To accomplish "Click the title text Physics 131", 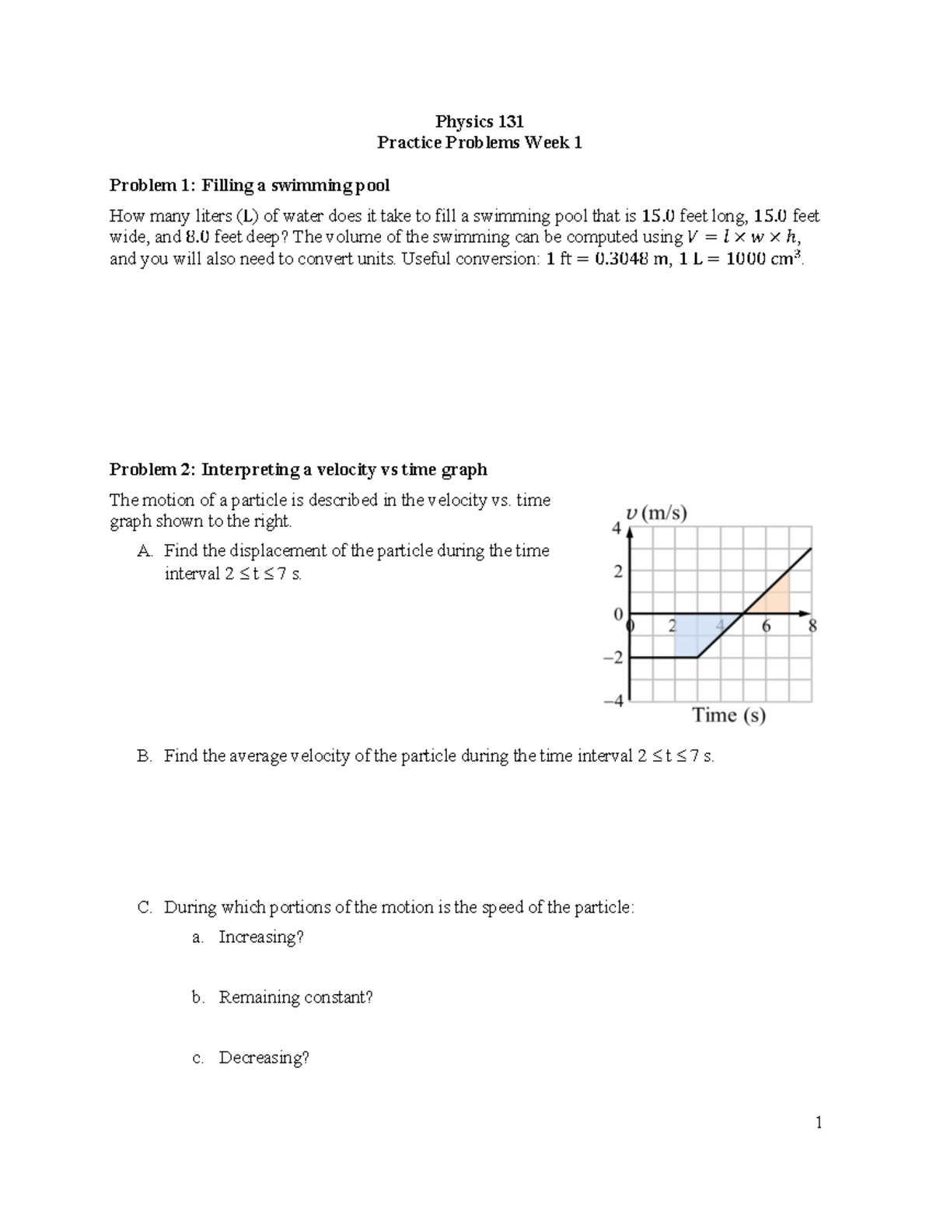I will point(479,121).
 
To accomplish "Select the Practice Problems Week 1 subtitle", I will point(479,143).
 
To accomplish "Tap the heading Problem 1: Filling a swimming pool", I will point(249,185).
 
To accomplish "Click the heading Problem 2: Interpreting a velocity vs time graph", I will point(298,469).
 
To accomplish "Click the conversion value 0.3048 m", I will point(631,260).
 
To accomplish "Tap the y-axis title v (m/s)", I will point(655,514).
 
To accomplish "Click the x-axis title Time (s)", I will point(729,715).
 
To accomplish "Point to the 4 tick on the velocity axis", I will point(617,528).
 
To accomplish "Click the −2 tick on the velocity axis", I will point(613,658).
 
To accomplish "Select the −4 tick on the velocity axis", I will point(613,701).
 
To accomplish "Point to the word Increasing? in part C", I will point(260,937).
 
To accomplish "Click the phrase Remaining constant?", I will point(295,997).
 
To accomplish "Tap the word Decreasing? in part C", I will point(264,1058).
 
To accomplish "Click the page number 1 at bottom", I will point(818,1122).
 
